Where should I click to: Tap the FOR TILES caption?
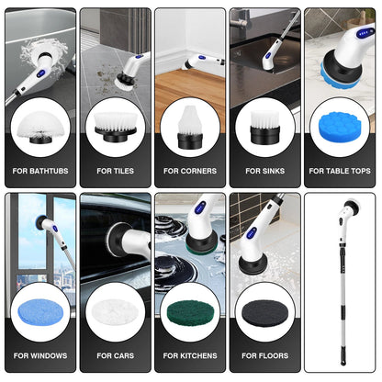115,171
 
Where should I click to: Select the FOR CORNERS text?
190,171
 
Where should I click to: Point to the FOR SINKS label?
265,171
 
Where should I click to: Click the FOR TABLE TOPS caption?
341,171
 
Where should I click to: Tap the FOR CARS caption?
115,355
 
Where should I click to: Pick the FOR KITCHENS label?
190,355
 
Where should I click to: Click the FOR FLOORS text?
265,355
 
